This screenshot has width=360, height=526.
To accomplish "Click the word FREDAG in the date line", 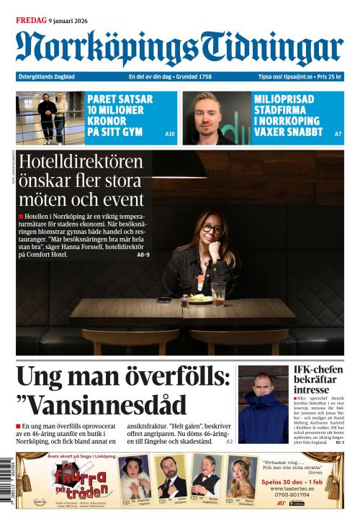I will point(31,20).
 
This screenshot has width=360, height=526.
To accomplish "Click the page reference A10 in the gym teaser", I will point(170,134).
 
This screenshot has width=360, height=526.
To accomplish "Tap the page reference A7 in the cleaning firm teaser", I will point(338,134).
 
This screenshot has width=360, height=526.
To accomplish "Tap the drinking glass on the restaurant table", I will point(218,294).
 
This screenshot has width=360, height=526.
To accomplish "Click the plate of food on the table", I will point(199,298).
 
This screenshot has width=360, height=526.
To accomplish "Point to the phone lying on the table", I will point(164,300).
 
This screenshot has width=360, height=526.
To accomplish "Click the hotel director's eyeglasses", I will point(211,230).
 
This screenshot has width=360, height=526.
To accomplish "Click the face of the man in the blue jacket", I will point(262,384).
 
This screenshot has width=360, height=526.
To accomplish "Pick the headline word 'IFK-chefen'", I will point(318,371).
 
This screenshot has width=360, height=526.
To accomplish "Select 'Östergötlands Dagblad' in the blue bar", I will point(47,77).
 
